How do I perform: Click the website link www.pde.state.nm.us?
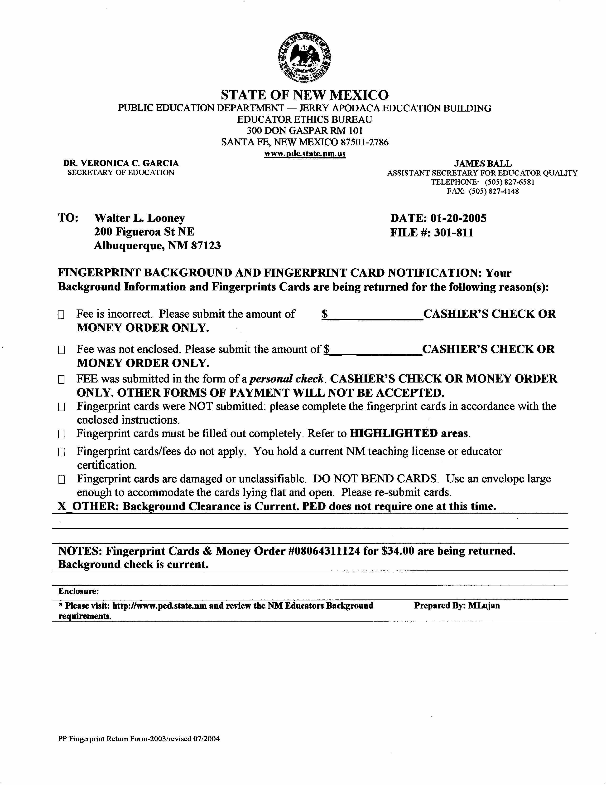click(x=305, y=154)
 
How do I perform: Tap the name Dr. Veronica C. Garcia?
click(x=121, y=163)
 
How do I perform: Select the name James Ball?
click(x=483, y=164)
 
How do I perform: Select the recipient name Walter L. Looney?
click(x=140, y=218)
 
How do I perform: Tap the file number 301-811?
click(x=454, y=233)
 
